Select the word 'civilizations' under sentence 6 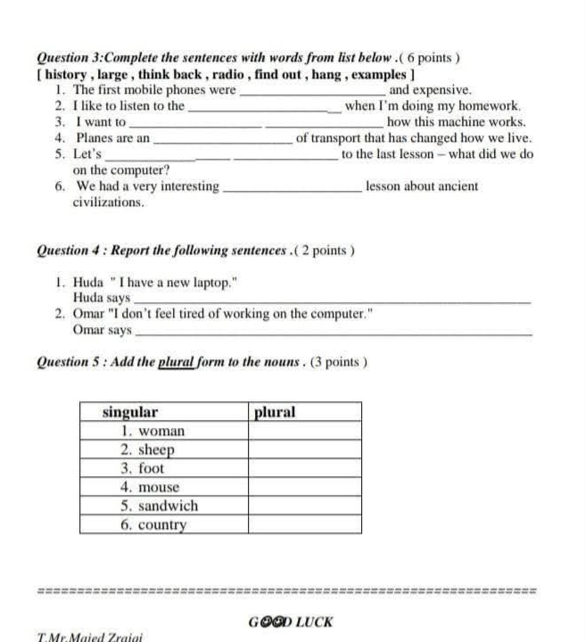[x=108, y=202]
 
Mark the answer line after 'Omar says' [x=334, y=332]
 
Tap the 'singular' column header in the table [x=130, y=412]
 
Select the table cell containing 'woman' [x=162, y=431]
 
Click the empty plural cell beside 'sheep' [x=303, y=449]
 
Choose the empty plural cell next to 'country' [x=303, y=524]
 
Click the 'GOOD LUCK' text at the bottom [x=291, y=621]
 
